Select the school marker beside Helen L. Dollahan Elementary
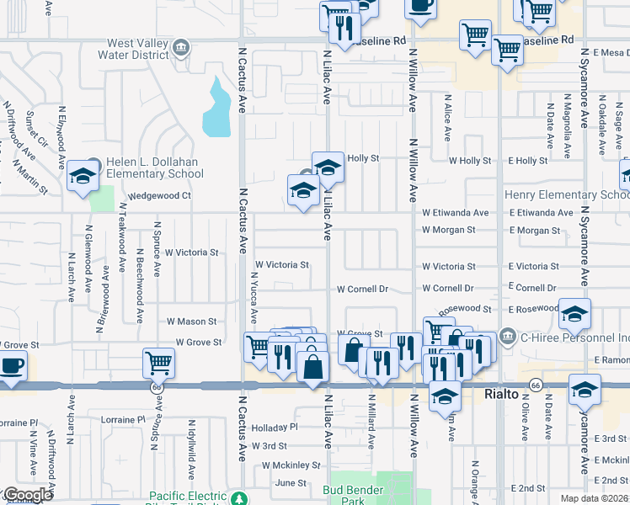[x=83, y=177]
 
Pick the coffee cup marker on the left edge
[x=12, y=366]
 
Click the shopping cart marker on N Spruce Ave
[x=158, y=363]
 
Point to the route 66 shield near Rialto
[x=535, y=385]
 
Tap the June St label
[x=291, y=482]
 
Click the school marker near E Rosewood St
[x=574, y=315]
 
